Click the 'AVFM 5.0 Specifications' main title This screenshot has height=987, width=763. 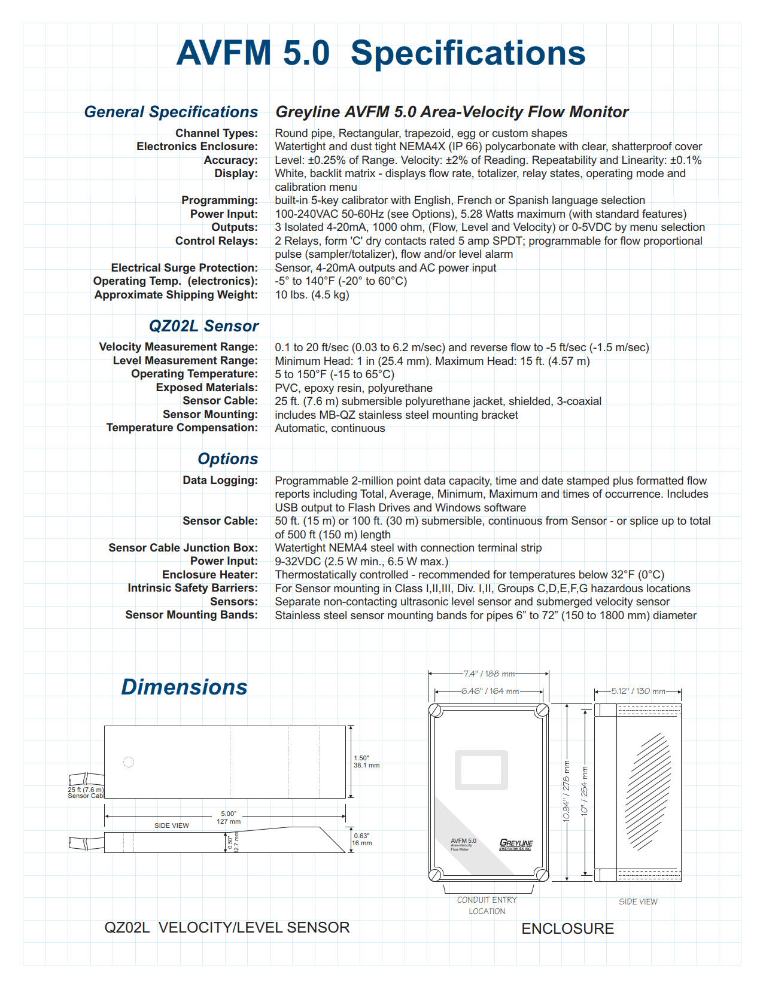381,53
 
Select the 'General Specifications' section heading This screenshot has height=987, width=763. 171,112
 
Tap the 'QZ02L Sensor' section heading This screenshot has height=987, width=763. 203,326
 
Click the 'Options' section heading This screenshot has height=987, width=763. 228,459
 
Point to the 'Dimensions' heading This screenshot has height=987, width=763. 184,687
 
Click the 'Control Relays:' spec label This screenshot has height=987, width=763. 216,241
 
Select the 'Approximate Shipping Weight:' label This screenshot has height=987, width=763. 176,295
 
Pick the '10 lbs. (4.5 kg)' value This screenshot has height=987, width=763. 312,295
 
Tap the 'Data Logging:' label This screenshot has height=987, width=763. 220,480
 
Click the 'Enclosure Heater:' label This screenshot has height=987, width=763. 209,575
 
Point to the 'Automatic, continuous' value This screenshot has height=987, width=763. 330,428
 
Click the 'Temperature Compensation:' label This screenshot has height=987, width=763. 182,428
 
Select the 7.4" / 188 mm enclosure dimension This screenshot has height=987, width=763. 489,674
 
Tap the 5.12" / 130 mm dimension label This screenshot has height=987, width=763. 638,691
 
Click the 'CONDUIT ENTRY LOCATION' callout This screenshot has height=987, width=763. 487,906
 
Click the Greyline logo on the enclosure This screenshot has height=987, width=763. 516,844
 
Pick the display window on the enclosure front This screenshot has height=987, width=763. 482,770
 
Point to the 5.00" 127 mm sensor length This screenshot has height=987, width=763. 229,817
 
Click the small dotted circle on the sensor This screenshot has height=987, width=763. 128,762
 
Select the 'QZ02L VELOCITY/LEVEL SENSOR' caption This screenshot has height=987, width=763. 227,928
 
